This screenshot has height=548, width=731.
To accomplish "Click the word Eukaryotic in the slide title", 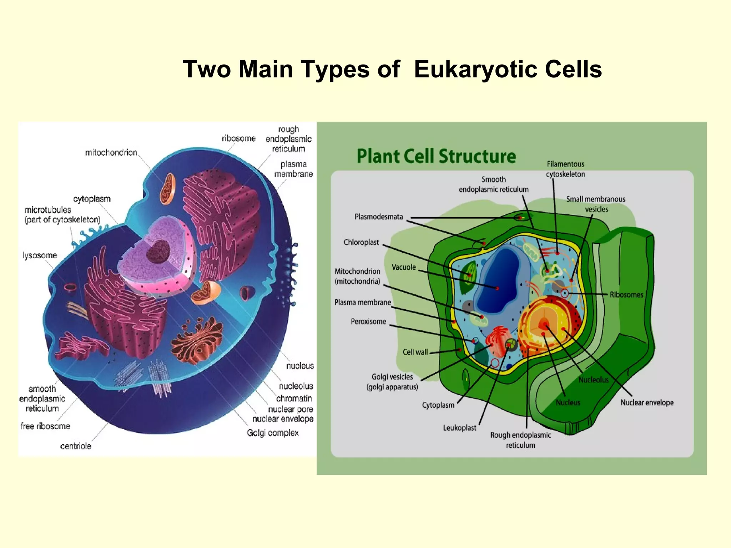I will click(476, 69).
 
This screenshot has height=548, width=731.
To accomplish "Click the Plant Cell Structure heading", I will click(436, 156).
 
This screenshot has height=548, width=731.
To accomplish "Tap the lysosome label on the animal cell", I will click(40, 255).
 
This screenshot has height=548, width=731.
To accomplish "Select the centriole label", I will click(76, 446).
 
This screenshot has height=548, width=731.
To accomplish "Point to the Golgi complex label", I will click(273, 433).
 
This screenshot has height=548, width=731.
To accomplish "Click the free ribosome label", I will click(45, 426).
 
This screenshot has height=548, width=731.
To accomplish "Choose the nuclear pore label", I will click(291, 409).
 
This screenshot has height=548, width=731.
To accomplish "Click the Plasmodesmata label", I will click(379, 217).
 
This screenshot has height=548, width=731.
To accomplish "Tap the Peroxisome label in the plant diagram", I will click(368, 321).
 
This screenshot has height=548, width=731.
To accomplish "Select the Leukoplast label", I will click(459, 428).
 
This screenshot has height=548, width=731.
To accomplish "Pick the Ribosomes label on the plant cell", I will click(626, 295).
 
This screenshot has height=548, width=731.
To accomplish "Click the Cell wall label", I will click(415, 352).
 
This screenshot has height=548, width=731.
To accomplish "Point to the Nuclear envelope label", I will click(647, 402).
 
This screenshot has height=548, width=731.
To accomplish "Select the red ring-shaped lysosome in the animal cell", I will click(70, 287).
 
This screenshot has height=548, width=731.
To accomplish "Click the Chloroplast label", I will click(361, 242).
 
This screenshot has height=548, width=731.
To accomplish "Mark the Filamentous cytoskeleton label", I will click(565, 169).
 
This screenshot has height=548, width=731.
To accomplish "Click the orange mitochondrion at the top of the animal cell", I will click(167, 189).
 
